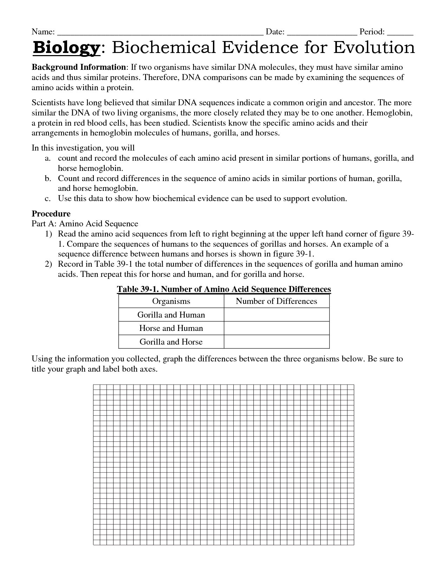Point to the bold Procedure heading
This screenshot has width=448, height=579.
51,214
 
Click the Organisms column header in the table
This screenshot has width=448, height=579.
171,301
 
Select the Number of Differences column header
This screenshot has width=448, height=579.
277,301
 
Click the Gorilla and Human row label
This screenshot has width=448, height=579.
171,315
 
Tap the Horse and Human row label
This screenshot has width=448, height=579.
171,328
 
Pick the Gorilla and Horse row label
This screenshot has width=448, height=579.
171,342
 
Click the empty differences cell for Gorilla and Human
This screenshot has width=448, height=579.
277,315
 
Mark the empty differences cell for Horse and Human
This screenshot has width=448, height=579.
277,328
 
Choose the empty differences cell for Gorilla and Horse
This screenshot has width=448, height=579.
277,342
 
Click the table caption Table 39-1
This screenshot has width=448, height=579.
224,289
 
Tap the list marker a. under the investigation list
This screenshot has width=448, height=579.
48,158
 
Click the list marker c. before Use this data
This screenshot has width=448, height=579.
48,199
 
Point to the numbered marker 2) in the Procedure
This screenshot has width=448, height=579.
48,264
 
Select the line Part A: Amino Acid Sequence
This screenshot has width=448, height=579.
85,224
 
